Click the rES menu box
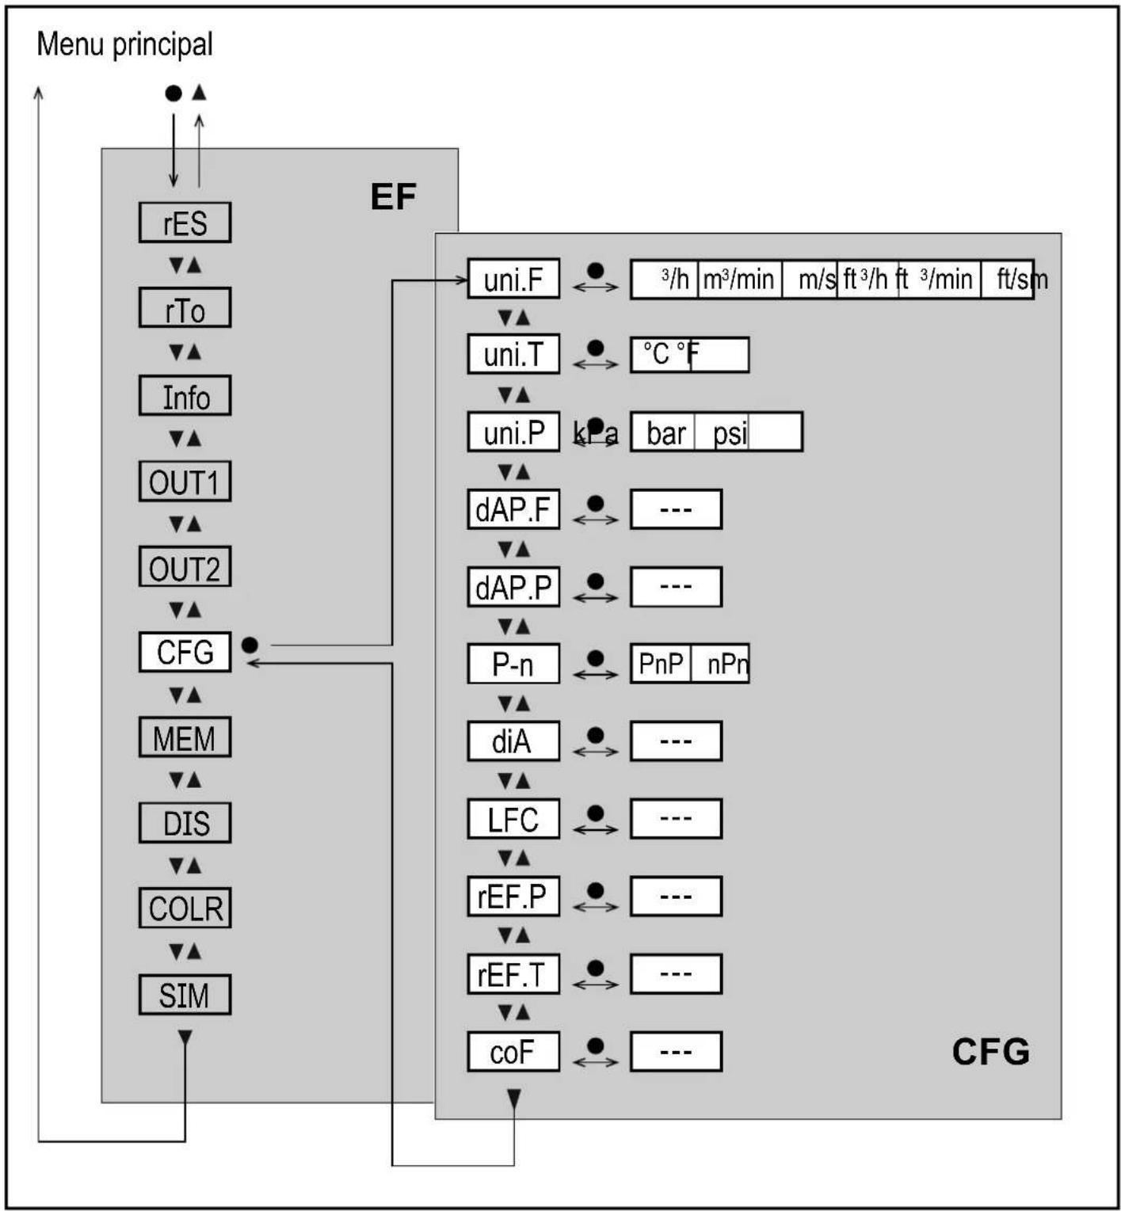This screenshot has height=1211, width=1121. click(x=185, y=223)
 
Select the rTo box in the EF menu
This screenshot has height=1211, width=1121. click(x=185, y=308)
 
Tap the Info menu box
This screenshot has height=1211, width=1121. click(x=185, y=396)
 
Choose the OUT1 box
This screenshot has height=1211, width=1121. click(x=185, y=482)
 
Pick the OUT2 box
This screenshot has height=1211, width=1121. click(x=185, y=567)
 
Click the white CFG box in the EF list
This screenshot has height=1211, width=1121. click(x=185, y=652)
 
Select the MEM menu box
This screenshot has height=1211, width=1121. click(x=185, y=737)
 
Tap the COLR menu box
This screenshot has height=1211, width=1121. click(x=185, y=908)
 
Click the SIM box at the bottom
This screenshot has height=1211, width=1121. click(x=185, y=995)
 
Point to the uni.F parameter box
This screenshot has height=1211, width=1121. click(x=513, y=279)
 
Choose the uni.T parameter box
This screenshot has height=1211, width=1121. click(x=513, y=354)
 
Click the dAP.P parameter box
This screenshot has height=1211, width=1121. click(x=513, y=587)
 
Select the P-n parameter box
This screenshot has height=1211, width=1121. click(x=513, y=664)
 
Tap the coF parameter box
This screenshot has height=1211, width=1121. click(x=513, y=1052)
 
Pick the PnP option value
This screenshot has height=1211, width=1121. click(x=661, y=664)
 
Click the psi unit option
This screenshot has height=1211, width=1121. click(x=729, y=433)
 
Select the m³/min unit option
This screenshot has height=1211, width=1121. click(x=738, y=280)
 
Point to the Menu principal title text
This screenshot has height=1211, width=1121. click(x=124, y=44)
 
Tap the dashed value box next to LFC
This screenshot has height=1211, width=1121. click(x=676, y=819)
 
